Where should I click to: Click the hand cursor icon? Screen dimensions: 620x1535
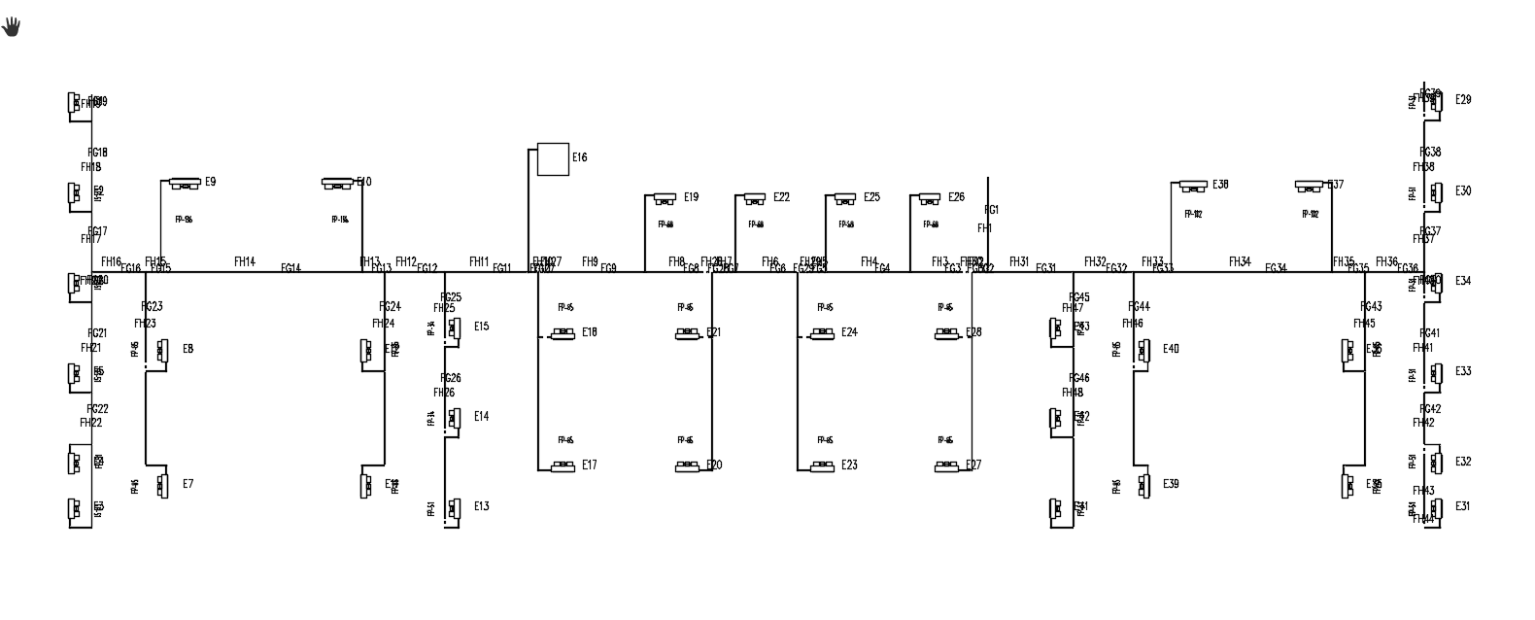tap(11, 26)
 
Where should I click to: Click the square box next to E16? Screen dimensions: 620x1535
tap(553, 158)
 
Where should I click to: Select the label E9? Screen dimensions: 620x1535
tap(210, 182)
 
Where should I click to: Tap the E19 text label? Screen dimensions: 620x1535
tap(691, 197)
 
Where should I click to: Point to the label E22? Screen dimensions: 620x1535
tap(781, 197)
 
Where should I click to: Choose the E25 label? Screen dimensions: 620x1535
tap(871, 197)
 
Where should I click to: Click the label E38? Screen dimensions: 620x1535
tap(1220, 185)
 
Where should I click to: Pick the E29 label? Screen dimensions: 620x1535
tap(1463, 100)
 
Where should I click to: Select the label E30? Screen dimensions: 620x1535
tap(1463, 191)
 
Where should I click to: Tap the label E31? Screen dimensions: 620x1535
tap(1462, 506)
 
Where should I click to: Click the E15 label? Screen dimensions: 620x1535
tap(482, 327)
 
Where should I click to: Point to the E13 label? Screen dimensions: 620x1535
tap(482, 506)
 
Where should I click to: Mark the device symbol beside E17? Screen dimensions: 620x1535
tap(563, 467)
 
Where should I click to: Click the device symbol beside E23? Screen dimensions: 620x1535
tap(822, 467)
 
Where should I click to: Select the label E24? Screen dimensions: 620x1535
tap(849, 332)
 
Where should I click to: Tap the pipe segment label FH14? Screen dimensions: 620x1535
tap(245, 261)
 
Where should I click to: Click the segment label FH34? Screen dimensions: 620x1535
tap(1240, 261)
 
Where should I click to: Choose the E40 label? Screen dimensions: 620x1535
tap(1171, 349)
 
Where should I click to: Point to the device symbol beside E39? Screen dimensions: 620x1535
tap(1144, 484)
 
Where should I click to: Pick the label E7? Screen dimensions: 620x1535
tap(188, 484)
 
